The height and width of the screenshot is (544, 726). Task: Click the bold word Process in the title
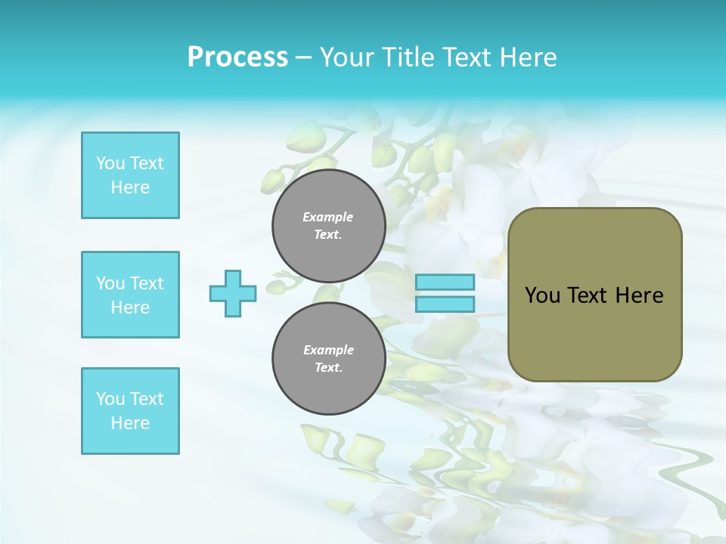(237, 57)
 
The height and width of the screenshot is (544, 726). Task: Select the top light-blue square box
(130, 175)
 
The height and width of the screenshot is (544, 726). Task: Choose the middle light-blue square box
(130, 295)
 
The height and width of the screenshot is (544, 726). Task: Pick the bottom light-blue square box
(130, 411)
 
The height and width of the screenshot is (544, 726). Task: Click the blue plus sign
(233, 293)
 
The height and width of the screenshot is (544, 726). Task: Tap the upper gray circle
(329, 226)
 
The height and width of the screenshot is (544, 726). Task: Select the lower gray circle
(329, 359)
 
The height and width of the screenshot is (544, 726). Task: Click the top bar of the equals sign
(445, 283)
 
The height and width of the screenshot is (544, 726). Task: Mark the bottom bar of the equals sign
(445, 304)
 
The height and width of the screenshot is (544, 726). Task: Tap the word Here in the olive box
(639, 295)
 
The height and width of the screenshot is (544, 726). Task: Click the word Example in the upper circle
(328, 217)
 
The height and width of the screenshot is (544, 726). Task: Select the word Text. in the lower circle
(328, 368)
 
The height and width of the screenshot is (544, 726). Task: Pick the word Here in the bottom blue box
(130, 423)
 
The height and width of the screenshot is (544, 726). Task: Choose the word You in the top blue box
(110, 163)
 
